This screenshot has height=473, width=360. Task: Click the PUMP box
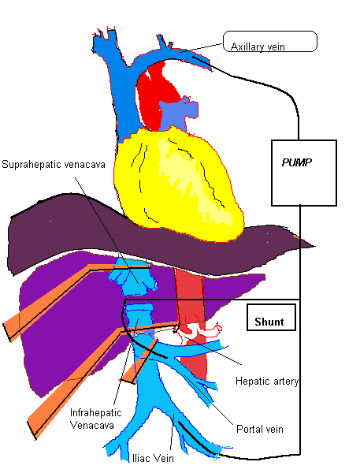point(303,171)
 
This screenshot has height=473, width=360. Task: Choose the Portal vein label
point(259,429)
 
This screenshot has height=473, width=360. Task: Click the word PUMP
point(296,162)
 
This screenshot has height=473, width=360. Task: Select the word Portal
point(249,429)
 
